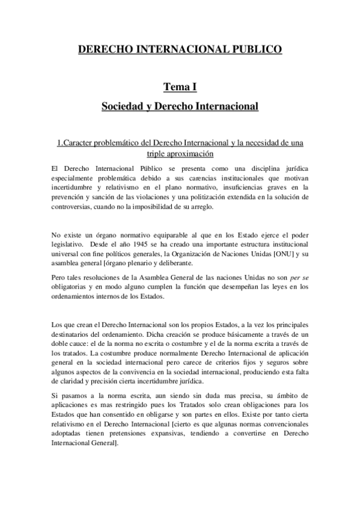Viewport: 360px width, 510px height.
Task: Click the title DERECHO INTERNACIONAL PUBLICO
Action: point(180,50)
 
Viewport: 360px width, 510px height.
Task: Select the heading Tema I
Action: point(180,88)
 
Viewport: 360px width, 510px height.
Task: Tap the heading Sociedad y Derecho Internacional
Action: point(180,107)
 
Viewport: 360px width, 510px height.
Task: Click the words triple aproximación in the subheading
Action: point(180,154)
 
